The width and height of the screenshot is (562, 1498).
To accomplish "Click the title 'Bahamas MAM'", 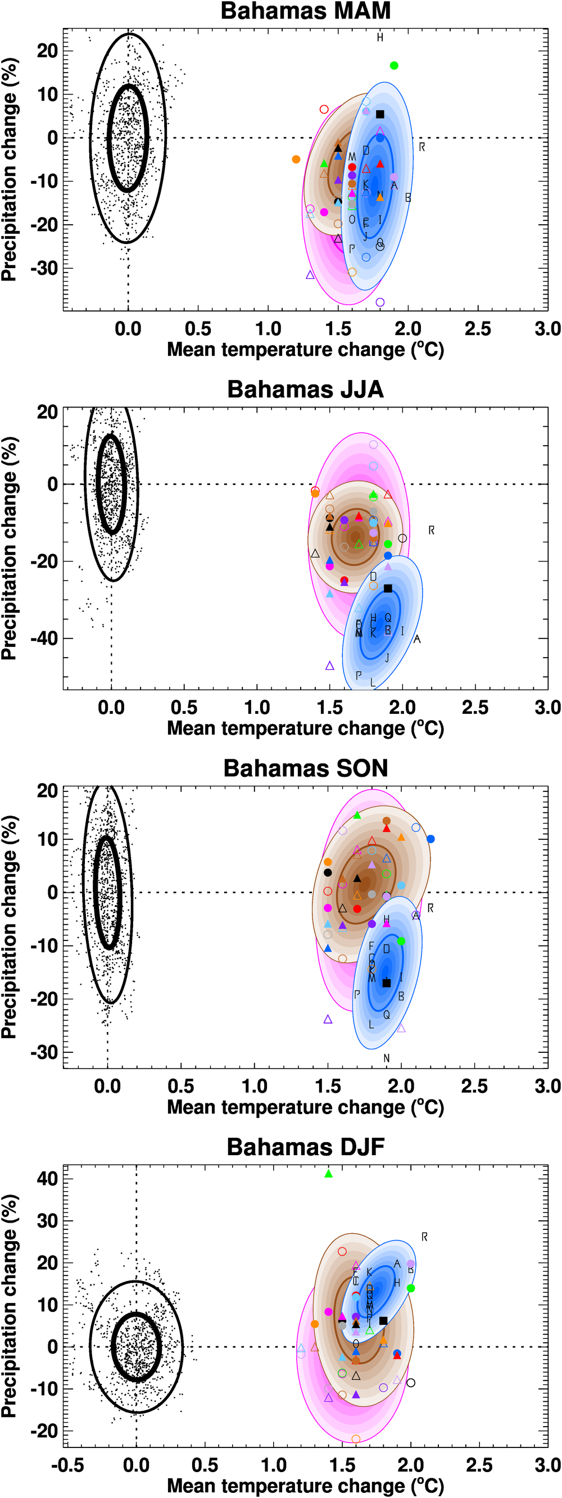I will tap(305, 12).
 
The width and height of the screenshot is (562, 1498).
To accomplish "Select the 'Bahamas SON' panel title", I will tap(305, 768).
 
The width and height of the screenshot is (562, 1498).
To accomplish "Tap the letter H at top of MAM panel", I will tap(380, 38).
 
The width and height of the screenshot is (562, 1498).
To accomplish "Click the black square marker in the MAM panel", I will tap(380, 114).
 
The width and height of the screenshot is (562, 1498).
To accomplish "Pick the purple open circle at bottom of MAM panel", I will tap(380, 302).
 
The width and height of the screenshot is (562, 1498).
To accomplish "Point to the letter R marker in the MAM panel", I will tap(422, 147).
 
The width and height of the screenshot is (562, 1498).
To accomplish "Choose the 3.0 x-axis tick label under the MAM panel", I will tap(547, 329).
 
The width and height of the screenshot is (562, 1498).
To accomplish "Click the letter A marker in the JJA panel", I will tap(416, 639).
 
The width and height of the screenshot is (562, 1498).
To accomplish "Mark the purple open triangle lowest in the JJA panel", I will tap(329, 666).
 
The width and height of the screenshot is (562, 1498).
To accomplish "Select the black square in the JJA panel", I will tap(388, 589).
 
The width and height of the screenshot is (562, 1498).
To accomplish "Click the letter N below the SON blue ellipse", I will tap(387, 1058).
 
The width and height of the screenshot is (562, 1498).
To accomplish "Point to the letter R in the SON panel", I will tap(430, 908).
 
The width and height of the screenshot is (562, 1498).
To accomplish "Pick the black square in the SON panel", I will tap(387, 983).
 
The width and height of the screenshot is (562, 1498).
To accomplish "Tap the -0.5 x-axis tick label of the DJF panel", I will tap(67, 1465).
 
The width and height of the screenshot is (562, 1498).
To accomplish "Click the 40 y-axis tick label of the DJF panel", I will tap(47, 1179).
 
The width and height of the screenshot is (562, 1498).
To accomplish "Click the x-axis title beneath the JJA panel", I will tap(305, 728).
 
